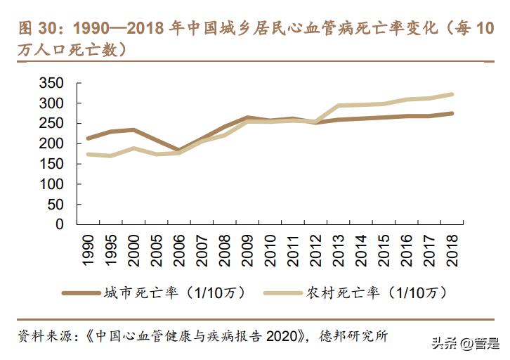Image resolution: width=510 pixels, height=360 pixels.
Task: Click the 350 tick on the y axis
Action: click(x=51, y=84)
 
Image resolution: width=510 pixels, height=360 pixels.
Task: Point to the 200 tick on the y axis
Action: click(x=51, y=144)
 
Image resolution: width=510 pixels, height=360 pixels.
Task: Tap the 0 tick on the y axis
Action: click(x=60, y=224)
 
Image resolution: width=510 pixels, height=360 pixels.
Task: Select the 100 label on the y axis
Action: click(x=51, y=184)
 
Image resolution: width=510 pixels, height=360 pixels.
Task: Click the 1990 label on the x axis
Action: click(x=88, y=250)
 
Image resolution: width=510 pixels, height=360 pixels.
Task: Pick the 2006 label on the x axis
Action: click(x=178, y=250)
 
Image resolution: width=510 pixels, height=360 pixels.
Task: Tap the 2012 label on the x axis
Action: click(x=315, y=250)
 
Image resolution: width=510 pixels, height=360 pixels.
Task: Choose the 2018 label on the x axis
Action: click(x=451, y=250)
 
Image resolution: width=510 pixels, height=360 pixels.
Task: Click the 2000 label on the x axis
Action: click(x=133, y=250)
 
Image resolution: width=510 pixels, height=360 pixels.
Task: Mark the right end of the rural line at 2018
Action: click(x=451, y=94)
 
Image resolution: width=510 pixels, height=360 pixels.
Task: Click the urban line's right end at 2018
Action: click(x=451, y=113)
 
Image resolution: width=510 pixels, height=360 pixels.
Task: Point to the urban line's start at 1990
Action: click(x=88, y=139)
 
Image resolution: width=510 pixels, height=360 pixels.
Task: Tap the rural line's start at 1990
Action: click(x=88, y=154)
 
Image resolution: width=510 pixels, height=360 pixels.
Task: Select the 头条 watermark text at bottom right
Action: click(x=444, y=344)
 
